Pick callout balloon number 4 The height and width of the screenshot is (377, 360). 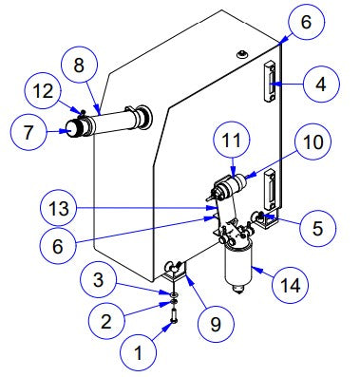pos(320,85)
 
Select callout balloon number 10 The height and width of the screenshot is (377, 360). pos(313,144)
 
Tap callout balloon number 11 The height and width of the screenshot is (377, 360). pos(235,142)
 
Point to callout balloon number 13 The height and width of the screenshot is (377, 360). pos(58,206)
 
